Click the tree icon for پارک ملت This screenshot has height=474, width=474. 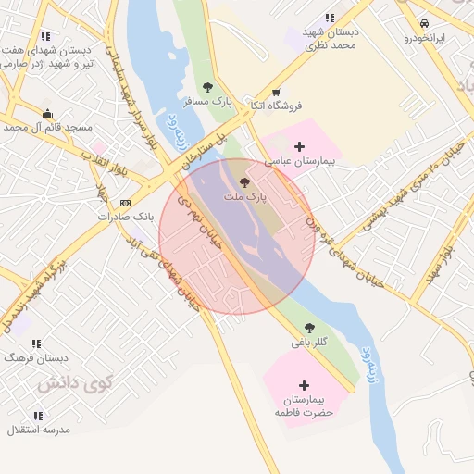coord(244,182)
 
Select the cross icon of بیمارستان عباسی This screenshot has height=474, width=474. coord(299,146)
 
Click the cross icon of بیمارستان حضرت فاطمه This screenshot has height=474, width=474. coord(304,384)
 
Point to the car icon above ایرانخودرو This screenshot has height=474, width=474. coord(424,23)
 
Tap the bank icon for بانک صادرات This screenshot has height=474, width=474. coord(126,203)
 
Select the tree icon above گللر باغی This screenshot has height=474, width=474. coord(309,327)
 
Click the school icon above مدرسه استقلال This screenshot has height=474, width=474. coord(38,416)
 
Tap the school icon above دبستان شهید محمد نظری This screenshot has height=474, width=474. coord(331,18)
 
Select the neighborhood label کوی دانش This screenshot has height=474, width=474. coord(77,380)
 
